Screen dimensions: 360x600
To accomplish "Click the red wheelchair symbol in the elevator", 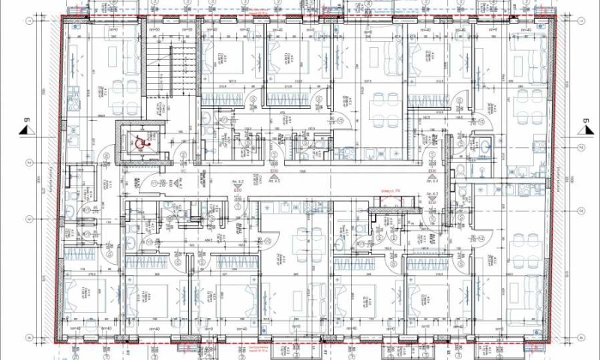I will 138,139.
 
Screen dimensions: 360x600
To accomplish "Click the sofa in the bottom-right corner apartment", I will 534,292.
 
